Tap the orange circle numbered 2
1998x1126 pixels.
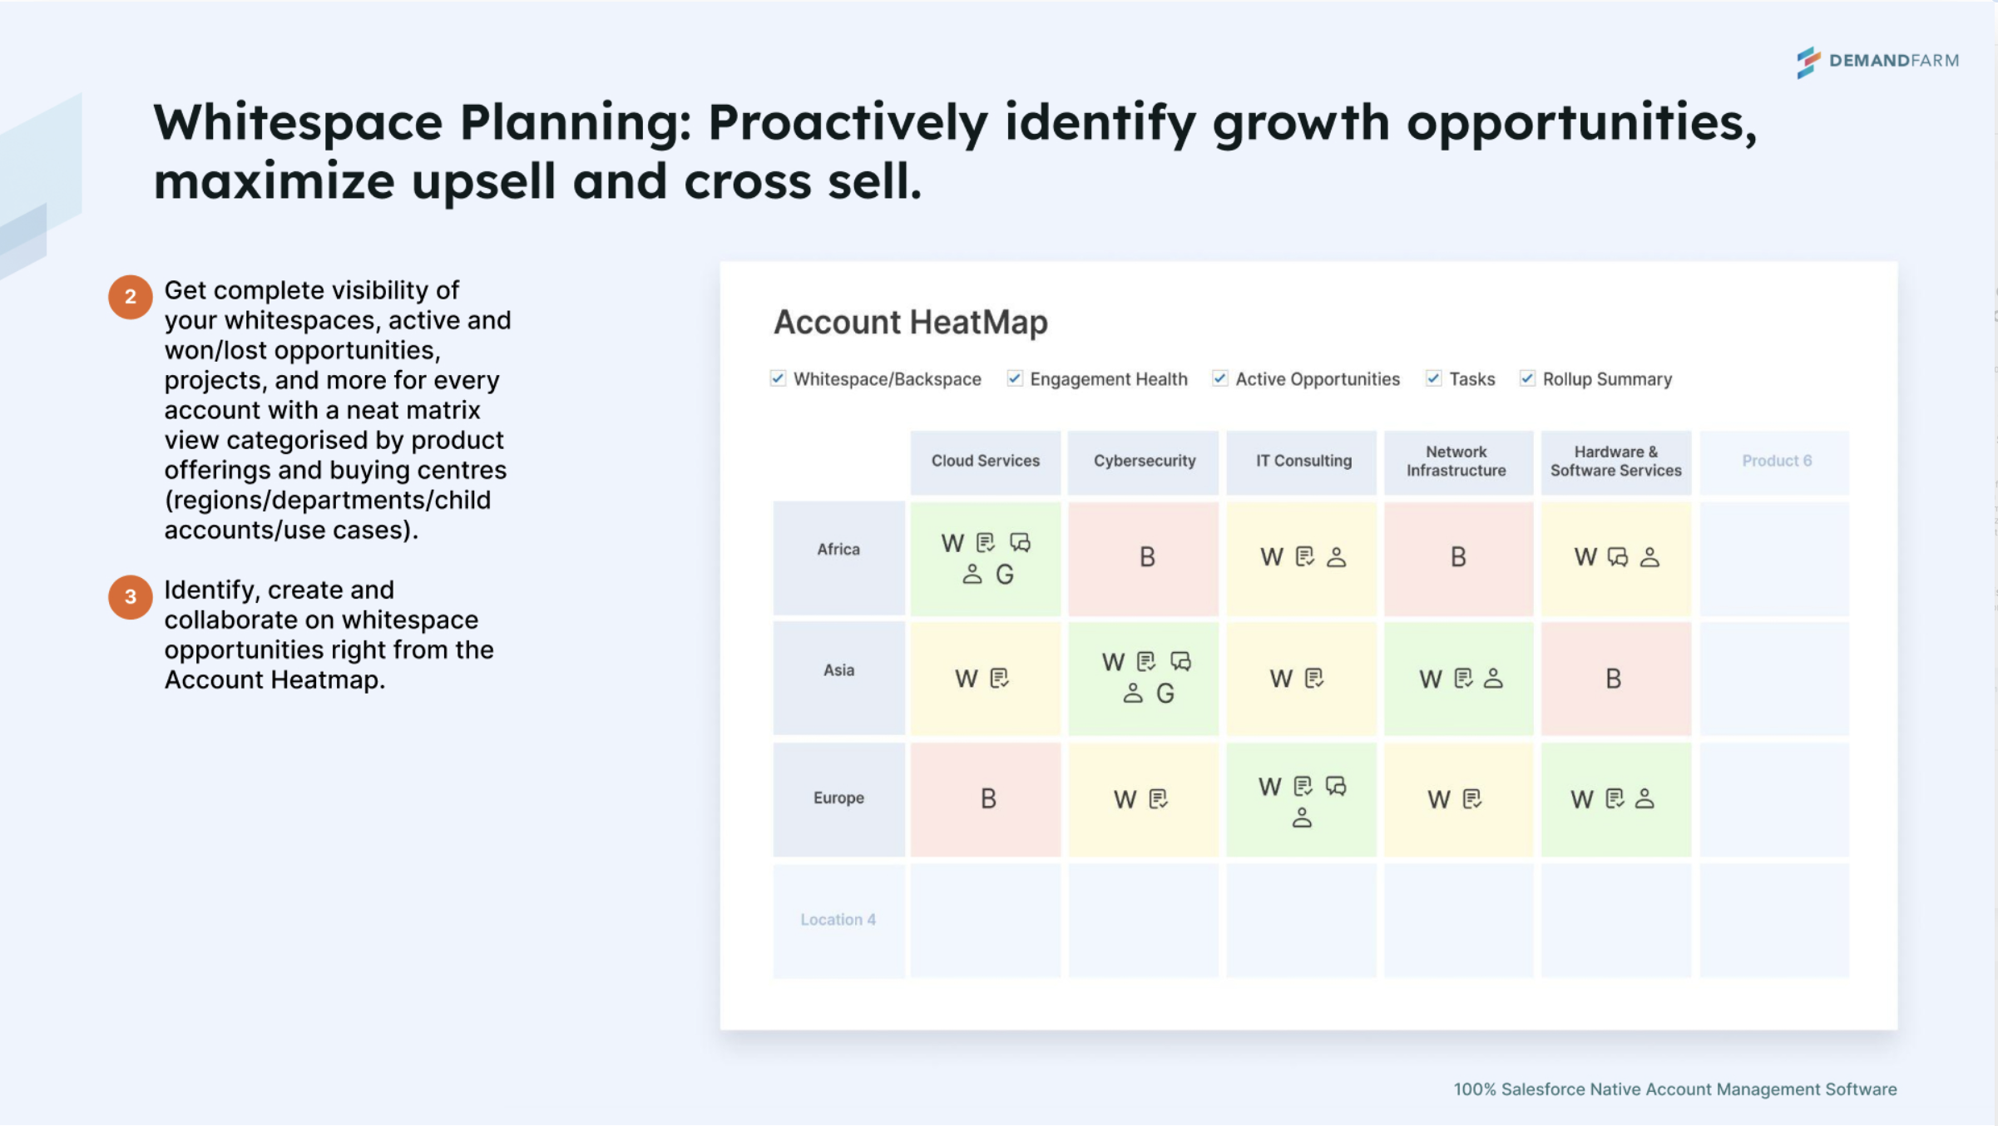130,297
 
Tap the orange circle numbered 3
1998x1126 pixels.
130,596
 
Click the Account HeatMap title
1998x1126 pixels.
910,322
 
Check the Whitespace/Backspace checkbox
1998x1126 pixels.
778,378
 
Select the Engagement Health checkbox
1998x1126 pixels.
1014,378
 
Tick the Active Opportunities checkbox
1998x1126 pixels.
1219,378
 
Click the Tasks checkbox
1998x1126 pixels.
1433,378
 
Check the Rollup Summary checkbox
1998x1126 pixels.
1527,378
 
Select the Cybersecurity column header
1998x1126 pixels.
1144,461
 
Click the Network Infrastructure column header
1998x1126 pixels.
1456,461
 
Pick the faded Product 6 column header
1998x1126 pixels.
1776,461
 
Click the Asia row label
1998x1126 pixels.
838,670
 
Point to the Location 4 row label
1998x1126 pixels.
838,920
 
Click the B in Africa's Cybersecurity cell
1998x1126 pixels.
1147,557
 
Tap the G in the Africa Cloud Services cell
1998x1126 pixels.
1005,575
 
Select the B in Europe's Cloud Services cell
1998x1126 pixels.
988,799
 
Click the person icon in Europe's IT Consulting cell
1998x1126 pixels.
1302,818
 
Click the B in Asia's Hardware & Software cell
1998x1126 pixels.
1613,679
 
